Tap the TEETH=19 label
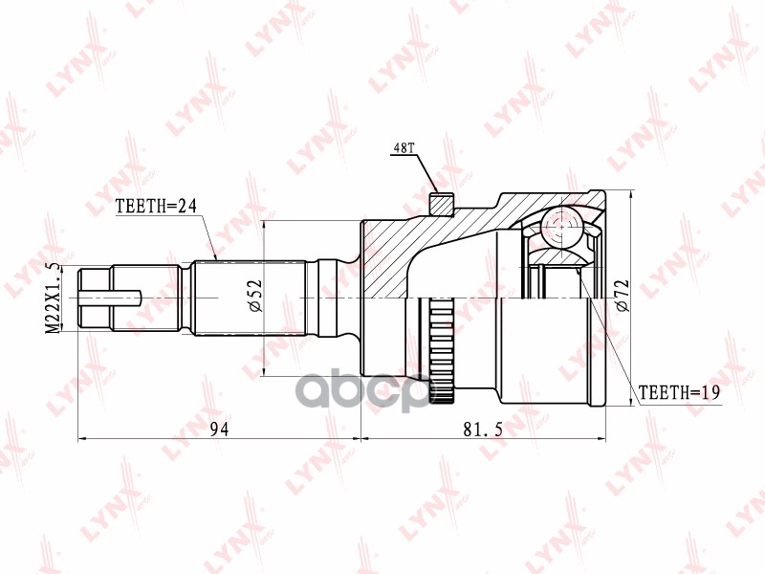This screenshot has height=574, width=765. (x=678, y=392)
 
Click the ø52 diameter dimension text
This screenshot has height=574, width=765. (x=254, y=298)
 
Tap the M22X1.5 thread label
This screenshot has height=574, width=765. (x=55, y=298)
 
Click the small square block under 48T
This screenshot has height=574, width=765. (x=441, y=205)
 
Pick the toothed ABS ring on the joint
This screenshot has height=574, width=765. (x=440, y=349)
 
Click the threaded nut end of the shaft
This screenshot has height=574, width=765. (x=96, y=298)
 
